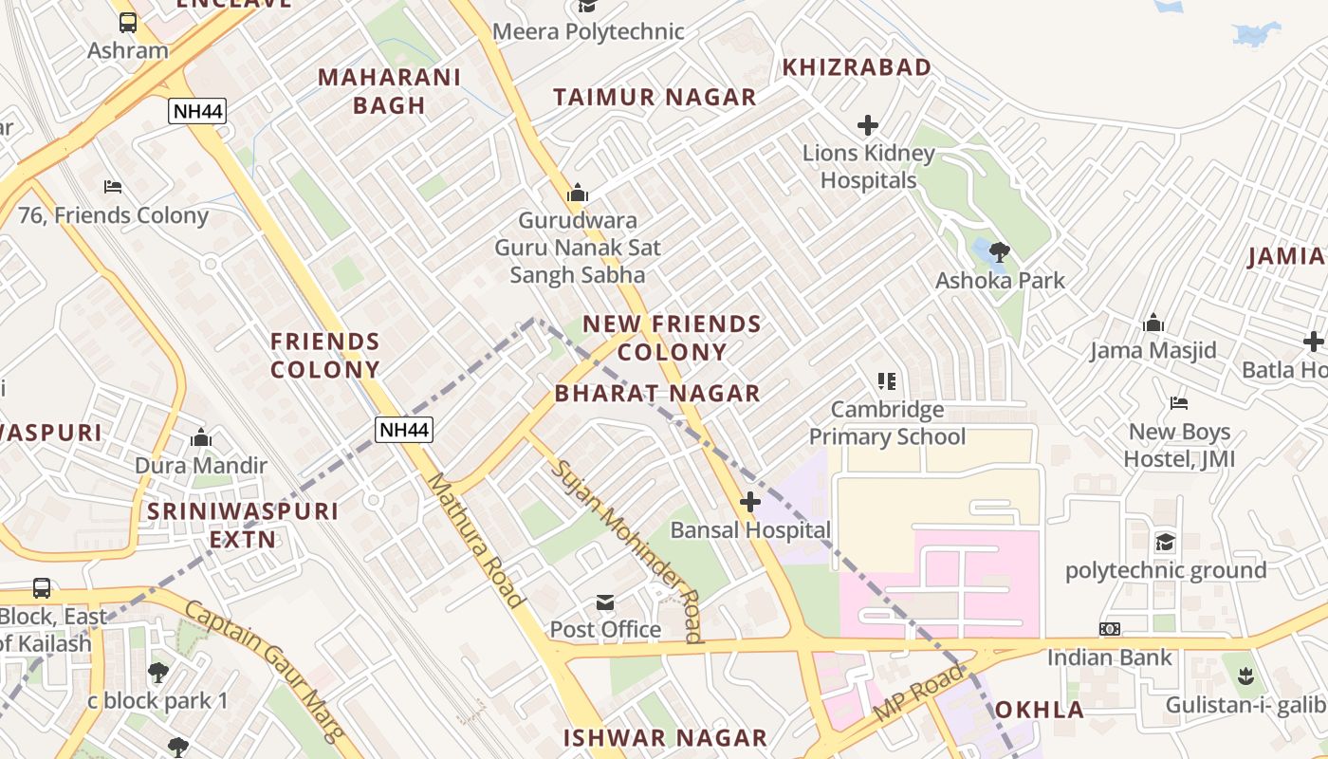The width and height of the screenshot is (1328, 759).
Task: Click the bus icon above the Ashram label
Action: (x=127, y=22)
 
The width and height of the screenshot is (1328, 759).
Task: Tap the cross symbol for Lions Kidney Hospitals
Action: (x=867, y=125)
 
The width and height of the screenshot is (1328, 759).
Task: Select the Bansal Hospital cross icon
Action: (x=750, y=502)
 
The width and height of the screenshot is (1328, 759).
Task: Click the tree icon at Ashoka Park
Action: (x=999, y=252)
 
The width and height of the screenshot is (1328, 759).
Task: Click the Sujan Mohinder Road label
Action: (x=628, y=550)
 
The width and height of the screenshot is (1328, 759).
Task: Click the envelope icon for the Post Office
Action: (x=605, y=602)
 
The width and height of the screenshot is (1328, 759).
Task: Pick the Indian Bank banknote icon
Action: (x=1109, y=629)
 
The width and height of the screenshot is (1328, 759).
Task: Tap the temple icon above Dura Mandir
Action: (x=200, y=438)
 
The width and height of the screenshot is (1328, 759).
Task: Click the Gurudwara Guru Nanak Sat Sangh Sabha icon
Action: (x=577, y=194)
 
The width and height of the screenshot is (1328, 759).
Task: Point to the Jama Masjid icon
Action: (x=1153, y=324)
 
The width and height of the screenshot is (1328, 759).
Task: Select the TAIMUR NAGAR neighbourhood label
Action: (x=655, y=97)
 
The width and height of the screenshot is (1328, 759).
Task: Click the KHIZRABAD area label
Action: (x=856, y=67)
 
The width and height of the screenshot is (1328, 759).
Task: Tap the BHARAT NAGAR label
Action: (x=657, y=393)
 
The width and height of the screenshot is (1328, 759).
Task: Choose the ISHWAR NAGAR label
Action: (x=665, y=737)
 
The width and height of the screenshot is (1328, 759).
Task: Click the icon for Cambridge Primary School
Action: (x=887, y=381)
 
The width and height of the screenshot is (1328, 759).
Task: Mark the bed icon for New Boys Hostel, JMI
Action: (x=1179, y=404)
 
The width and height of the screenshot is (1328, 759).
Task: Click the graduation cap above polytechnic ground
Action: (x=1165, y=543)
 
